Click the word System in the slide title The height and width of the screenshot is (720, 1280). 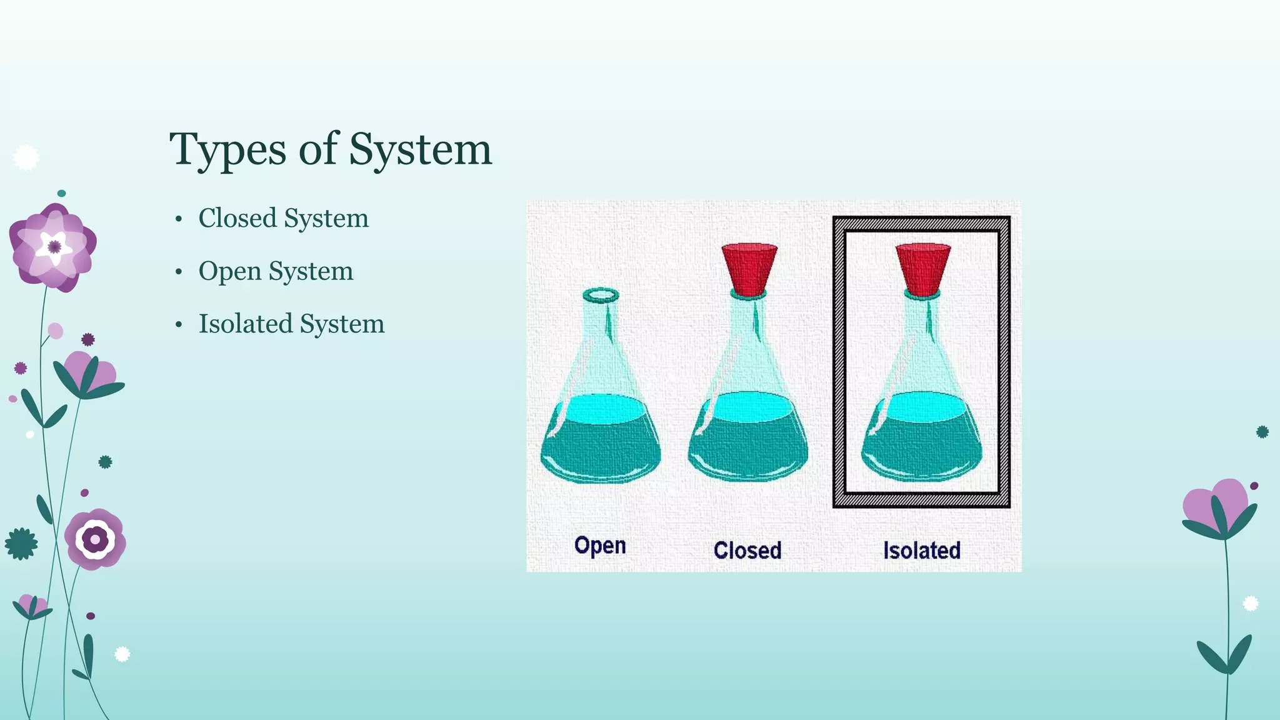coord(420,150)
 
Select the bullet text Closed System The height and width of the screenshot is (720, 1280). coord(283,218)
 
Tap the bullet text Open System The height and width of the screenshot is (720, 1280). coord(276,271)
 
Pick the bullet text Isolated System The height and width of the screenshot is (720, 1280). coord(291,324)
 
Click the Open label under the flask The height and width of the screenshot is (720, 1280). coord(600,546)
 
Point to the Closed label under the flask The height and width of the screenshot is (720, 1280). coord(747,551)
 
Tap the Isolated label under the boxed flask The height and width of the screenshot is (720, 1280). coord(921,551)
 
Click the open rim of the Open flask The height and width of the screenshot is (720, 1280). coord(601,295)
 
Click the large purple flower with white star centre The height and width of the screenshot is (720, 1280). coord(53,247)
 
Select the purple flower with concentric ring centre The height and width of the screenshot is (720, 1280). coord(95,539)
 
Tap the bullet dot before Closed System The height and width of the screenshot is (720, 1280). coord(179,219)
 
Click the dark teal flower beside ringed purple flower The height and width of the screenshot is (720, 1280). coord(21,544)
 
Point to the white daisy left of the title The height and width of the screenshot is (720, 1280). coord(26,157)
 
